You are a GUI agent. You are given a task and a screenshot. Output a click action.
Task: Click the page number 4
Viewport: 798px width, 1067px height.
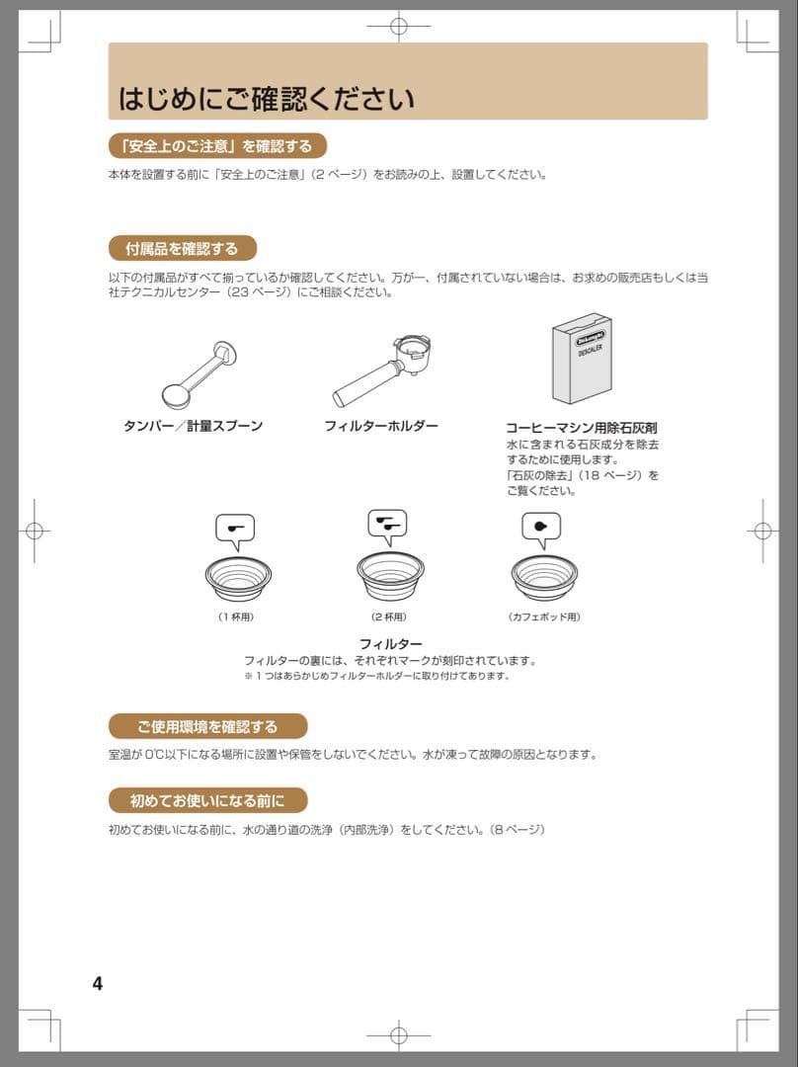[98, 983]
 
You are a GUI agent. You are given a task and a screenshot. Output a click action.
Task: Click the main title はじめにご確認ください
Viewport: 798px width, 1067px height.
[267, 99]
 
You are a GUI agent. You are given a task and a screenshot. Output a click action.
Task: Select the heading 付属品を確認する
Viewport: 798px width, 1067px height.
[183, 248]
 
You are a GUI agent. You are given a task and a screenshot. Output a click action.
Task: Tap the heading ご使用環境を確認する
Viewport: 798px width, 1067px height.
[207, 727]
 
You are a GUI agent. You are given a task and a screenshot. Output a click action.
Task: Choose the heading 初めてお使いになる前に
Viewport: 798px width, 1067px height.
[207, 801]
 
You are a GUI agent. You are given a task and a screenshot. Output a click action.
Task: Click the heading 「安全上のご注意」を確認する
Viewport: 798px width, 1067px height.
[217, 146]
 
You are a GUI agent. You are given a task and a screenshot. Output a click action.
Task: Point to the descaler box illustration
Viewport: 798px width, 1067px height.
[582, 359]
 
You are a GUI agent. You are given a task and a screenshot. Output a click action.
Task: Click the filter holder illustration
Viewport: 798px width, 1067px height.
[382, 369]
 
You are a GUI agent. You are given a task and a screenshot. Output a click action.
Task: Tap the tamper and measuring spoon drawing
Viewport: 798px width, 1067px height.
[199, 375]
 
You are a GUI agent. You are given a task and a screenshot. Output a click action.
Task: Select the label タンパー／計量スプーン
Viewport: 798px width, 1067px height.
[194, 426]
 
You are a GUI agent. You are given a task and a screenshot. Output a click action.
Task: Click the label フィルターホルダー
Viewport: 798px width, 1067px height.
[381, 426]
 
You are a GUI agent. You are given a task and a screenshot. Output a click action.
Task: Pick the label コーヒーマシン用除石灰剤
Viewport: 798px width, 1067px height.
[582, 428]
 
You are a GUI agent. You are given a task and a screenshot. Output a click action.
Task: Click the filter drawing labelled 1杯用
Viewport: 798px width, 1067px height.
[238, 578]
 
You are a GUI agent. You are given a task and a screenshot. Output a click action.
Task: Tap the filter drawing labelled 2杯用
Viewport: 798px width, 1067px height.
[390, 576]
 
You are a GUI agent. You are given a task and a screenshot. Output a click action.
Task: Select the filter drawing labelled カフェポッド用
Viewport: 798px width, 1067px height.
[544, 578]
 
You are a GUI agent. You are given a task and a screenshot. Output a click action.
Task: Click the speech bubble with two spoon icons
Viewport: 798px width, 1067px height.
[388, 526]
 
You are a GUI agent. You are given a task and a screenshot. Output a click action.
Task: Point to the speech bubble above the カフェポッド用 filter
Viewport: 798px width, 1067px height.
[541, 529]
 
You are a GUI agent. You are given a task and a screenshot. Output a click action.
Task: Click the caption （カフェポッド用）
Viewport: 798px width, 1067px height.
[544, 617]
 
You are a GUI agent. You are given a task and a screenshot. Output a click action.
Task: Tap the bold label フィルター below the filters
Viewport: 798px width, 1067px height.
[390, 644]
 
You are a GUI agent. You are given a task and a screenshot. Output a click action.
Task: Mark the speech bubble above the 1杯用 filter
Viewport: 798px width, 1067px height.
[235, 531]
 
